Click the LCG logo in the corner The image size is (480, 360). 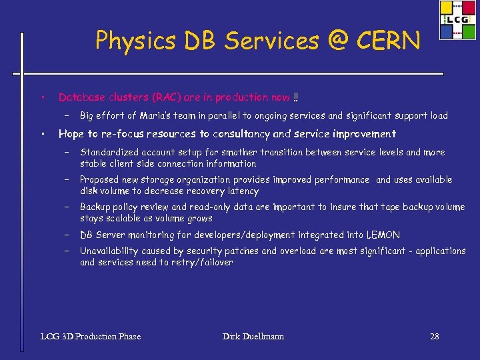458,20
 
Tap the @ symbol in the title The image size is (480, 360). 335,41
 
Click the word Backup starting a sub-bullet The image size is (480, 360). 95,207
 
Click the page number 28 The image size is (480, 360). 434,336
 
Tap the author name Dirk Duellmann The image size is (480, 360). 253,336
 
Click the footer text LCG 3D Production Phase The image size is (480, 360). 91,336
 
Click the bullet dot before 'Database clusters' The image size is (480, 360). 41,98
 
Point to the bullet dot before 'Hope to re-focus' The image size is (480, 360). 41,134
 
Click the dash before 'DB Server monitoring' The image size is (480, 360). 67,235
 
